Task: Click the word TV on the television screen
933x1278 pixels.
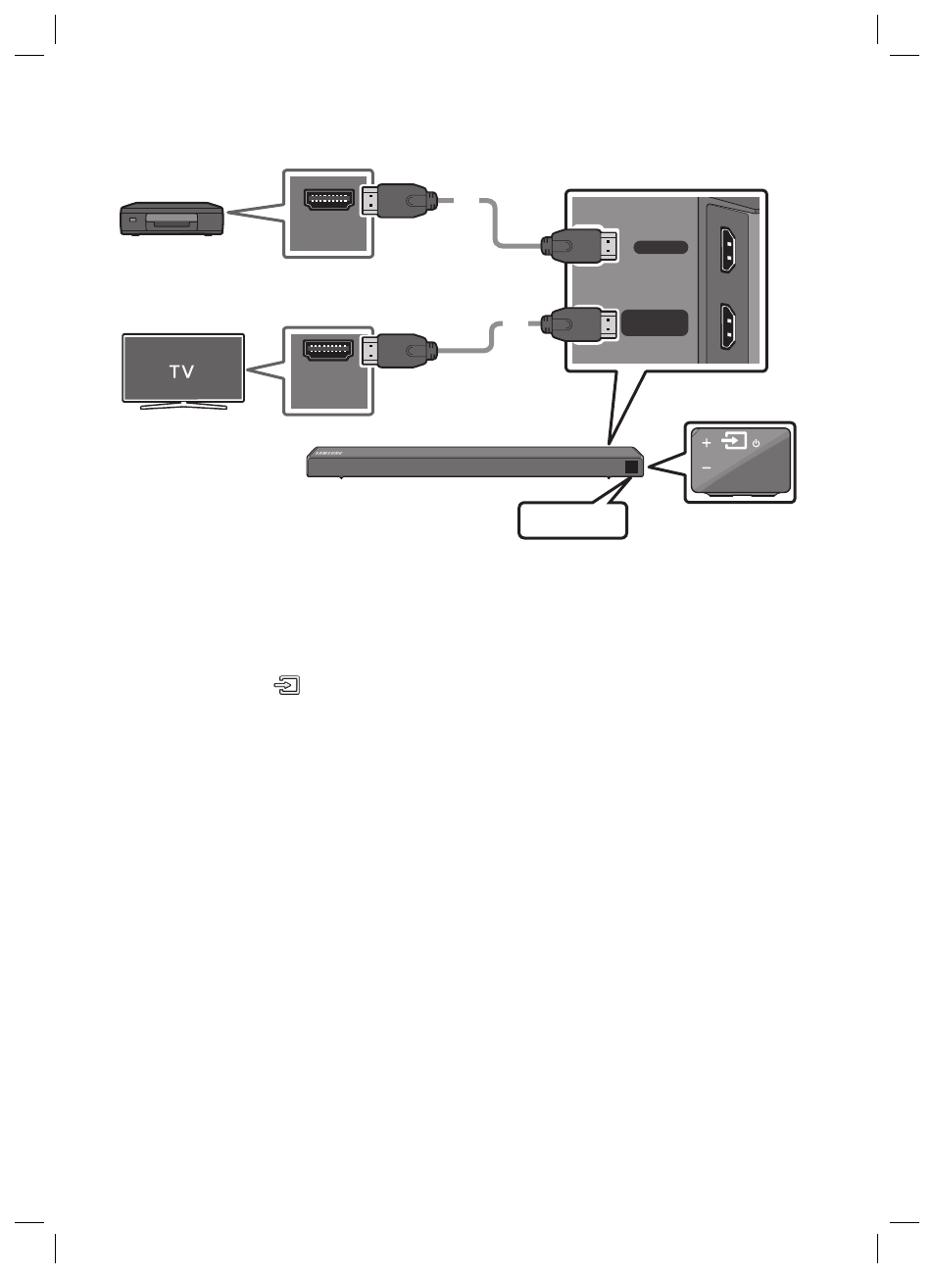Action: pos(182,371)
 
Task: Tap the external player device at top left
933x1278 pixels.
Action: pos(171,219)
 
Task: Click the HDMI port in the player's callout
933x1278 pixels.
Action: pos(328,201)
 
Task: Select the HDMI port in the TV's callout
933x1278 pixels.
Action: pos(328,348)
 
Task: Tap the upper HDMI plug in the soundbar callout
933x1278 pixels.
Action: pos(582,245)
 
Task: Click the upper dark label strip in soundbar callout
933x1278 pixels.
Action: pos(660,247)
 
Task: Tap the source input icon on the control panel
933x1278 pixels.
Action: pos(733,442)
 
